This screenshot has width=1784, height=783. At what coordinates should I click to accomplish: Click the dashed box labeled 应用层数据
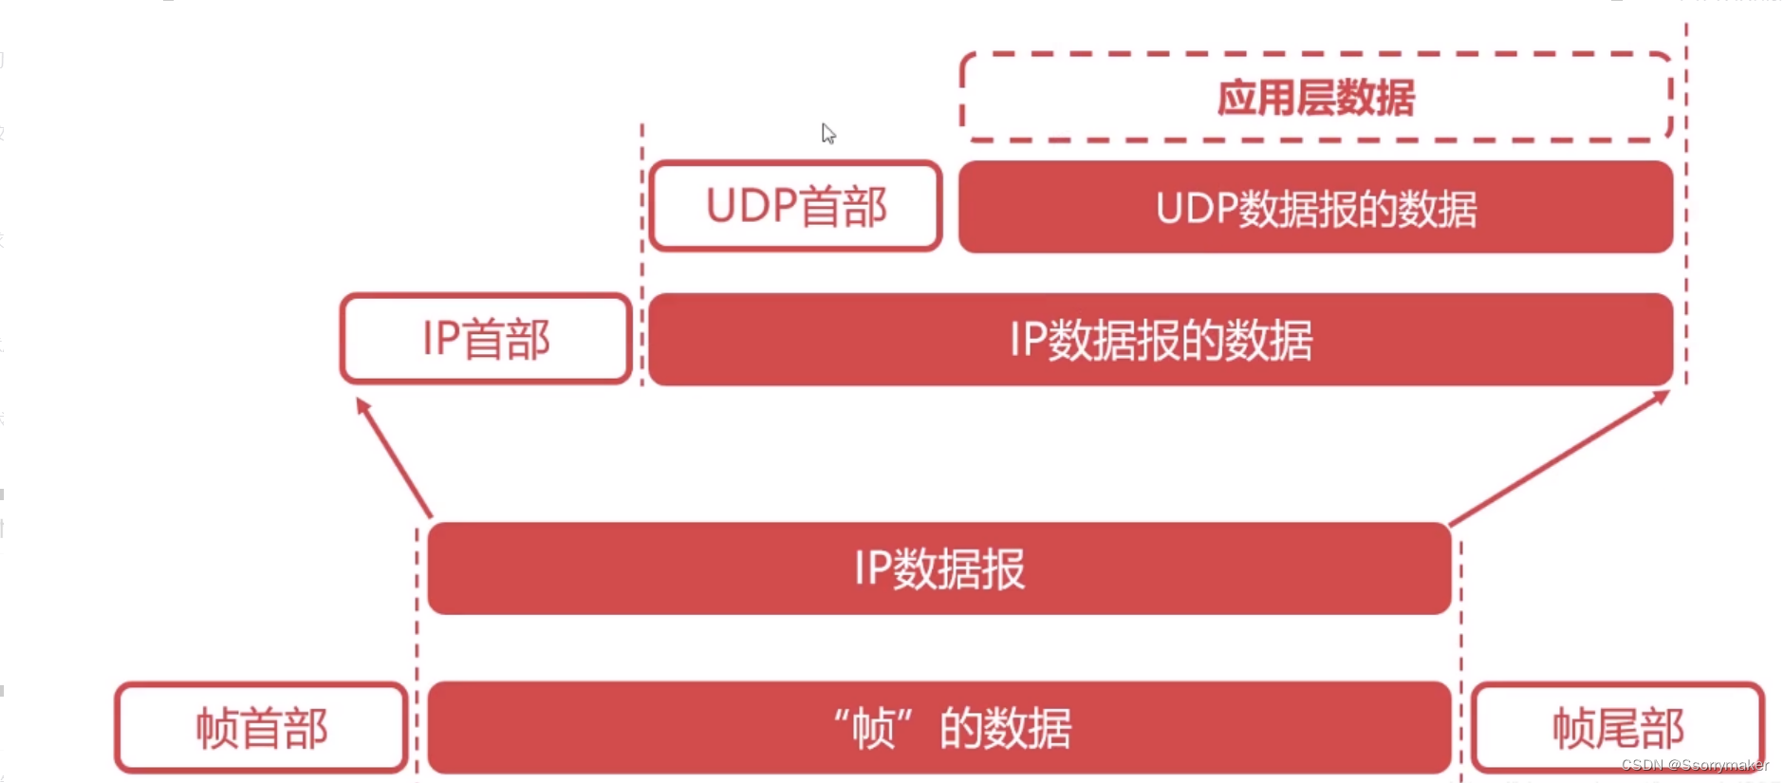pyautogui.click(x=1315, y=97)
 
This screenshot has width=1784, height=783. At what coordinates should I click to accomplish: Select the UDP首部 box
pyautogui.click(x=795, y=206)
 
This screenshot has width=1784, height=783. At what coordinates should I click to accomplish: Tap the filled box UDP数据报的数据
pyautogui.click(x=1315, y=207)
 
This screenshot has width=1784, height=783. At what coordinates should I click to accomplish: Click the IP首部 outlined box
pyautogui.click(x=485, y=339)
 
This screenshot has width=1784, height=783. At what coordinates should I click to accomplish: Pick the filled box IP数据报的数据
pyautogui.click(x=1160, y=340)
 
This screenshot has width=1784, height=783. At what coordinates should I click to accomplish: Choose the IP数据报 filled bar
pyautogui.click(x=938, y=569)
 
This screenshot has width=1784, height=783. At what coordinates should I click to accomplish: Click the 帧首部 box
pyautogui.click(x=261, y=728)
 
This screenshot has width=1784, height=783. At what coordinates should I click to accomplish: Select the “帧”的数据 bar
pyautogui.click(x=938, y=728)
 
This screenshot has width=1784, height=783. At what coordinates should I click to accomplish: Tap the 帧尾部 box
pyautogui.click(x=1617, y=728)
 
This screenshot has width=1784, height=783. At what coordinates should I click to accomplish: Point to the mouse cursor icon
pyautogui.click(x=828, y=134)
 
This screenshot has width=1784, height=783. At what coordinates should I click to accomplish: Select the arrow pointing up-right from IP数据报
pyautogui.click(x=1559, y=457)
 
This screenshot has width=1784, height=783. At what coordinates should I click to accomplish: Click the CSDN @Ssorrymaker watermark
pyautogui.click(x=1694, y=765)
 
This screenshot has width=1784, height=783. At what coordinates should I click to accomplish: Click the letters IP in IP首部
pyautogui.click(x=440, y=339)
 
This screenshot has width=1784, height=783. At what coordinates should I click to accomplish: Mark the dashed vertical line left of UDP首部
pyautogui.click(x=642, y=256)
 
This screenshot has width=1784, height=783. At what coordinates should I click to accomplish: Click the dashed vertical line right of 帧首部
pyautogui.click(x=417, y=655)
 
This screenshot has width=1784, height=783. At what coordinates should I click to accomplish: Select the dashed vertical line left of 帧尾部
pyautogui.click(x=1461, y=655)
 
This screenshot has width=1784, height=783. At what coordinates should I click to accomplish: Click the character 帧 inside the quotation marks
pyautogui.click(x=874, y=729)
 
